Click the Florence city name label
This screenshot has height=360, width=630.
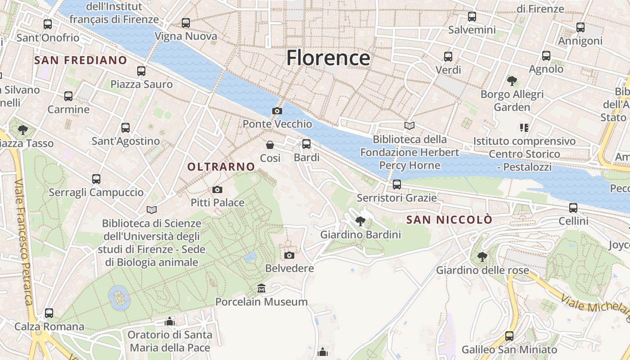point(328,58)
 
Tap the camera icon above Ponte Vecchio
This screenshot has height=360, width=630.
point(277,111)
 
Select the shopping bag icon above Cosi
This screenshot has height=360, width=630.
point(270,145)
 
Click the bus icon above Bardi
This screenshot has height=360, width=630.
point(306,144)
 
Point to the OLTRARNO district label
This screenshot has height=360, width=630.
point(221,167)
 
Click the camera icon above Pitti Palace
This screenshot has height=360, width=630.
point(217,189)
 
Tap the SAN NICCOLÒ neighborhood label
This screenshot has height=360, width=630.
point(449,220)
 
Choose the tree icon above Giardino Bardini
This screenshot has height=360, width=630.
point(360,221)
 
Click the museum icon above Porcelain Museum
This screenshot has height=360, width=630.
point(261,288)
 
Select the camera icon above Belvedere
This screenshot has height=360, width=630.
point(289,255)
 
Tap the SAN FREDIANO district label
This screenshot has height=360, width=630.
point(81,60)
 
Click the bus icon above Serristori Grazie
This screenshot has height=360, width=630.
point(396,184)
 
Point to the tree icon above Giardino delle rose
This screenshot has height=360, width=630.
point(482,257)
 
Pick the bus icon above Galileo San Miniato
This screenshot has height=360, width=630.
point(509,336)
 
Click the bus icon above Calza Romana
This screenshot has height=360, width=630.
point(49,313)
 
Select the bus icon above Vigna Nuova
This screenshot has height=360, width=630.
point(186,23)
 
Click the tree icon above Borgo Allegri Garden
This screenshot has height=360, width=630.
point(512,81)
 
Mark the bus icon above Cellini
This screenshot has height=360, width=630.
point(573,208)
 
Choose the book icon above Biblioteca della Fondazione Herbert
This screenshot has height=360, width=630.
point(409,126)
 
